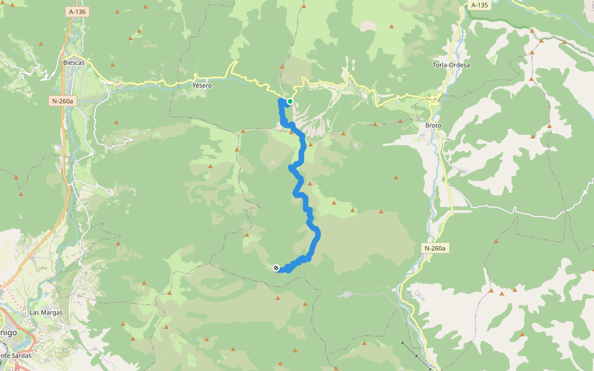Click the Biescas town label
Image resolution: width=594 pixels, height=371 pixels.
[x=74, y=63]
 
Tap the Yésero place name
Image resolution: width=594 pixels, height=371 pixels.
[x=202, y=85]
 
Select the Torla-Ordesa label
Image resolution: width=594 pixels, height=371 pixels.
[x=451, y=65]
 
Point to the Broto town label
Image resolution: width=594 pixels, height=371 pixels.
[x=433, y=126]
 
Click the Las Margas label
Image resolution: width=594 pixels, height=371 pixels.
[x=46, y=313]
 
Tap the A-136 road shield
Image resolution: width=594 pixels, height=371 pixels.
[x=77, y=12]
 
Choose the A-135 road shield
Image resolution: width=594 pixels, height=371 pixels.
[x=479, y=6]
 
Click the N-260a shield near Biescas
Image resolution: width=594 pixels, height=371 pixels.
[x=62, y=100]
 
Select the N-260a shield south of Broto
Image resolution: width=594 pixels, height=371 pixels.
[x=435, y=249]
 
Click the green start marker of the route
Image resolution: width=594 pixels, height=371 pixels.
[x=290, y=101]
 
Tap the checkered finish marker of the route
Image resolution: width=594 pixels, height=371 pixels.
[x=276, y=268]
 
